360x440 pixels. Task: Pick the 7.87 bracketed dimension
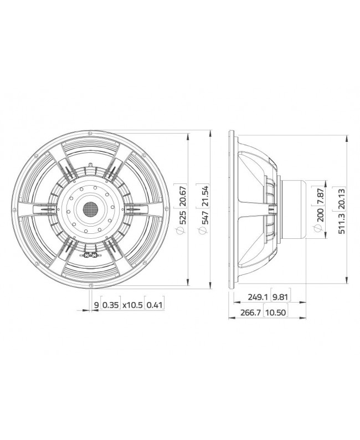318,197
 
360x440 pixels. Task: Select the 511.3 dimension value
342,222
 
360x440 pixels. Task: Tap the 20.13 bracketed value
342,197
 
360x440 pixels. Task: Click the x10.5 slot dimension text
132,304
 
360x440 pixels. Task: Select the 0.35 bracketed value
111,304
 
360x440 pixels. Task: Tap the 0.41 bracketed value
155,304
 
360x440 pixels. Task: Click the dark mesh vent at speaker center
90,209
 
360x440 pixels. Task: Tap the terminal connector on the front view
90,255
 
